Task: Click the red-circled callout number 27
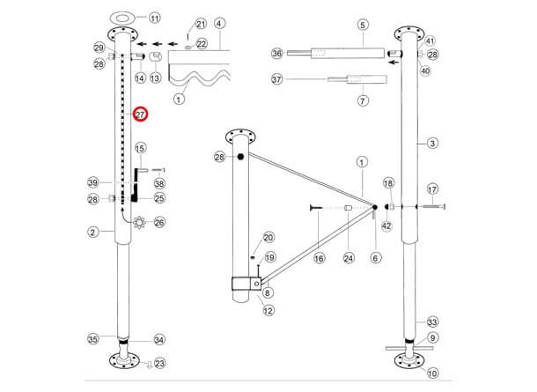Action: pyautogui.click(x=140, y=114)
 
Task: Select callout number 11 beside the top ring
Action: pyautogui.click(x=155, y=18)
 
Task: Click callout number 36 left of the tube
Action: pyautogui.click(x=277, y=54)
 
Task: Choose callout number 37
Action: pyautogui.click(x=277, y=79)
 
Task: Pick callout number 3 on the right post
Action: pyautogui.click(x=431, y=143)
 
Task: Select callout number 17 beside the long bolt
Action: pyautogui.click(x=431, y=189)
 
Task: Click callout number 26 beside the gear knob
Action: pyautogui.click(x=159, y=223)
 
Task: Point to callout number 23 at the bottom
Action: pyautogui.click(x=159, y=362)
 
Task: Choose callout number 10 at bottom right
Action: pyautogui.click(x=431, y=373)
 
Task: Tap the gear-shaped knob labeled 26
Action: pyautogui.click(x=137, y=223)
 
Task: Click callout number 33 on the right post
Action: pyautogui.click(x=431, y=322)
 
